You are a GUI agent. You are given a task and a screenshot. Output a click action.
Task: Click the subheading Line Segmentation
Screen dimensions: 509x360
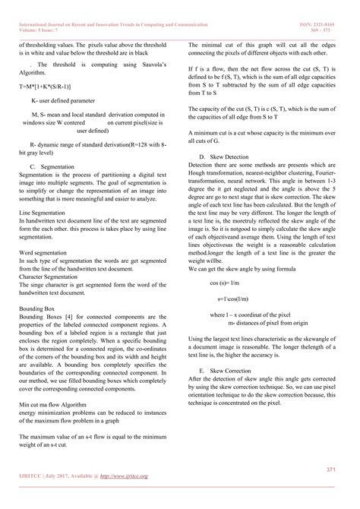tap(42, 213)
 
